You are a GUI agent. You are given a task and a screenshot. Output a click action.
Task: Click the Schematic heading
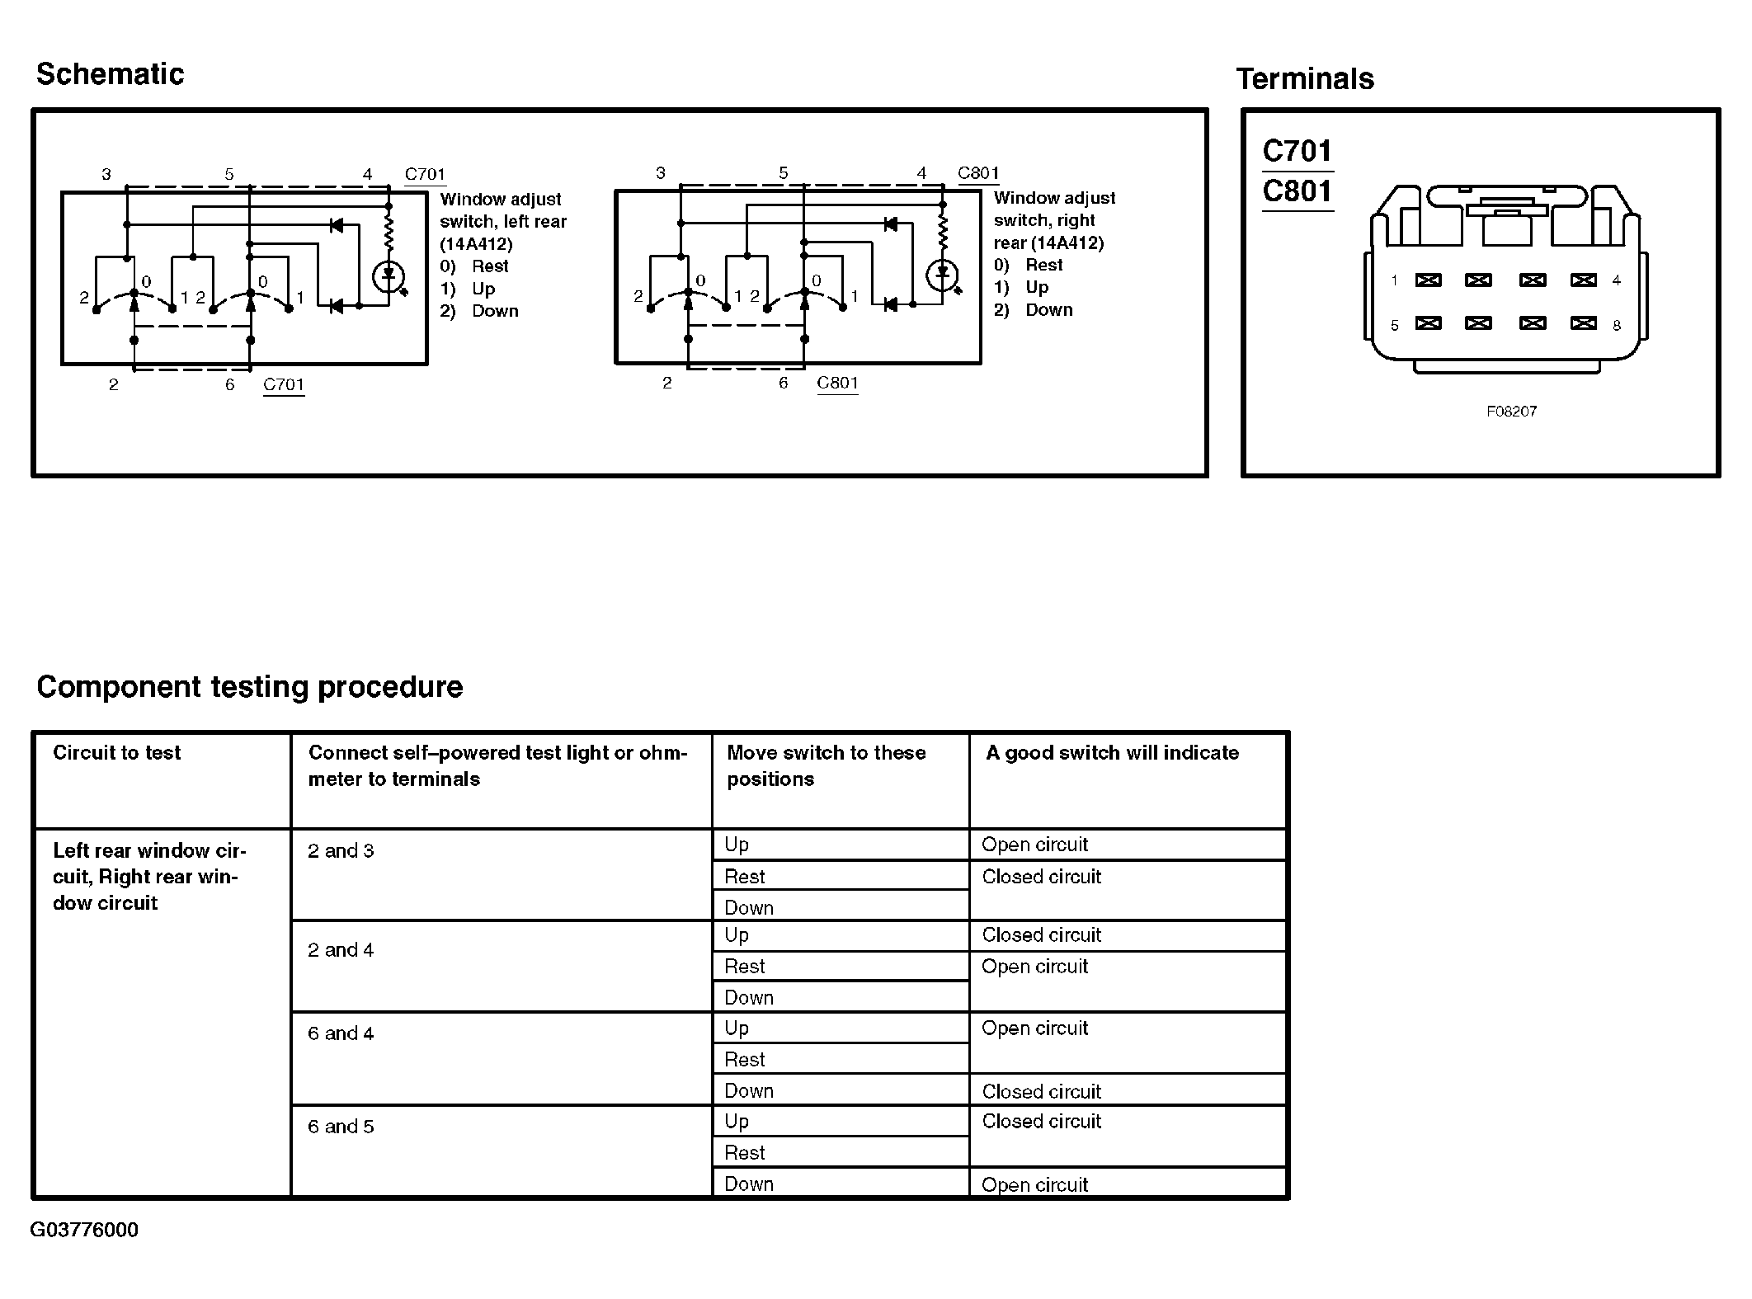pyautogui.click(x=110, y=74)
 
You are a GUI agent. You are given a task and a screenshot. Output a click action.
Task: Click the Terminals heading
pyautogui.click(x=1305, y=79)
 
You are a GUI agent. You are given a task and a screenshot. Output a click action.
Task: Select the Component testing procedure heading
pyautogui.click(x=250, y=687)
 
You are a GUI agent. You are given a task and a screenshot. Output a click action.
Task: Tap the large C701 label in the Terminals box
pyautogui.click(x=1297, y=151)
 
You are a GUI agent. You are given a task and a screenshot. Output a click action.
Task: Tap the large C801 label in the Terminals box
pyautogui.click(x=1297, y=191)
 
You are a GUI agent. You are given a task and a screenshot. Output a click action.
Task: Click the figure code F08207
pyautogui.click(x=1511, y=412)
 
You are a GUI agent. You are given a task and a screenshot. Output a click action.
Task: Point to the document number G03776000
pyautogui.click(x=84, y=1230)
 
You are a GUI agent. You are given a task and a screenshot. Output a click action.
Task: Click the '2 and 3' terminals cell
pyautogui.click(x=341, y=851)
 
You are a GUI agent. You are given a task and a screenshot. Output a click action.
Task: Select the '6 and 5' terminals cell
pyautogui.click(x=341, y=1127)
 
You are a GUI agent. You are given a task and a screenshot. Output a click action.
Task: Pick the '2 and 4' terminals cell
pyautogui.click(x=341, y=950)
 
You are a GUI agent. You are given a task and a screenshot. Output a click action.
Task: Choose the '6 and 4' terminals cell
pyautogui.click(x=341, y=1033)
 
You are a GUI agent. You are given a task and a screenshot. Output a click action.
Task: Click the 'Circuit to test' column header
pyautogui.click(x=116, y=753)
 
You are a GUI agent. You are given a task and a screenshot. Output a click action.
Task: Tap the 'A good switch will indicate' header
pyautogui.click(x=1112, y=753)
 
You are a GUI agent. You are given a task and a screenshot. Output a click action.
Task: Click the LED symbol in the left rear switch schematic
pyautogui.click(x=389, y=276)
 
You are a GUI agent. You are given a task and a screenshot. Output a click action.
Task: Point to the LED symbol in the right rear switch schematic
pyautogui.click(x=942, y=275)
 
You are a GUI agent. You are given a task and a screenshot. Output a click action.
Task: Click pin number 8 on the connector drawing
pyautogui.click(x=1617, y=326)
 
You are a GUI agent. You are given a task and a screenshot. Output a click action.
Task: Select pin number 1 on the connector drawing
pyautogui.click(x=1394, y=280)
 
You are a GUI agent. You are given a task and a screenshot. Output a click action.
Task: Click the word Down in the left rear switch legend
pyautogui.click(x=495, y=311)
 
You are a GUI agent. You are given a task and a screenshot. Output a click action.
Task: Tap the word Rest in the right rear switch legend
pyautogui.click(x=1043, y=265)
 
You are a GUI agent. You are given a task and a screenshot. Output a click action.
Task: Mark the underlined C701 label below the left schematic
pyautogui.click(x=284, y=384)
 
